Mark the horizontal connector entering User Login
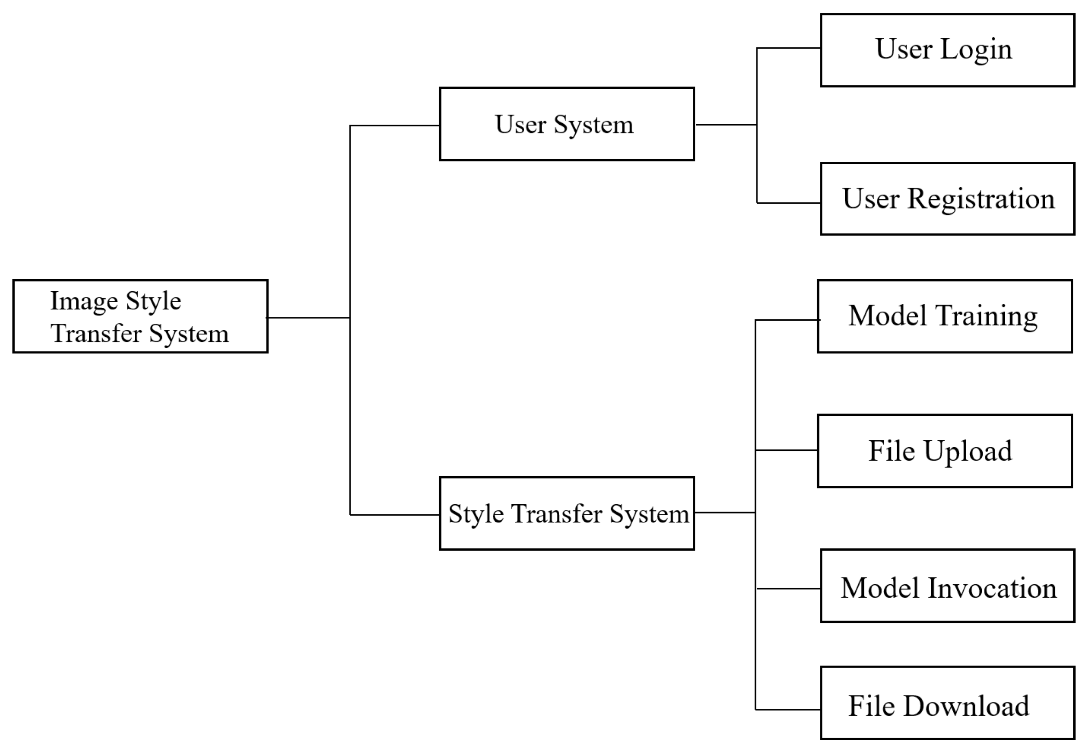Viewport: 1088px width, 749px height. (788, 48)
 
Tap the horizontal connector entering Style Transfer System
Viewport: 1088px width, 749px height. (394, 515)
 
